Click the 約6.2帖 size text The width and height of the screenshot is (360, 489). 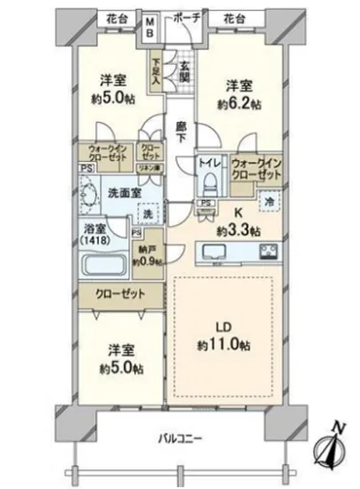[x=238, y=104]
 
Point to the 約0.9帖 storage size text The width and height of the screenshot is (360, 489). [x=146, y=261]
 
